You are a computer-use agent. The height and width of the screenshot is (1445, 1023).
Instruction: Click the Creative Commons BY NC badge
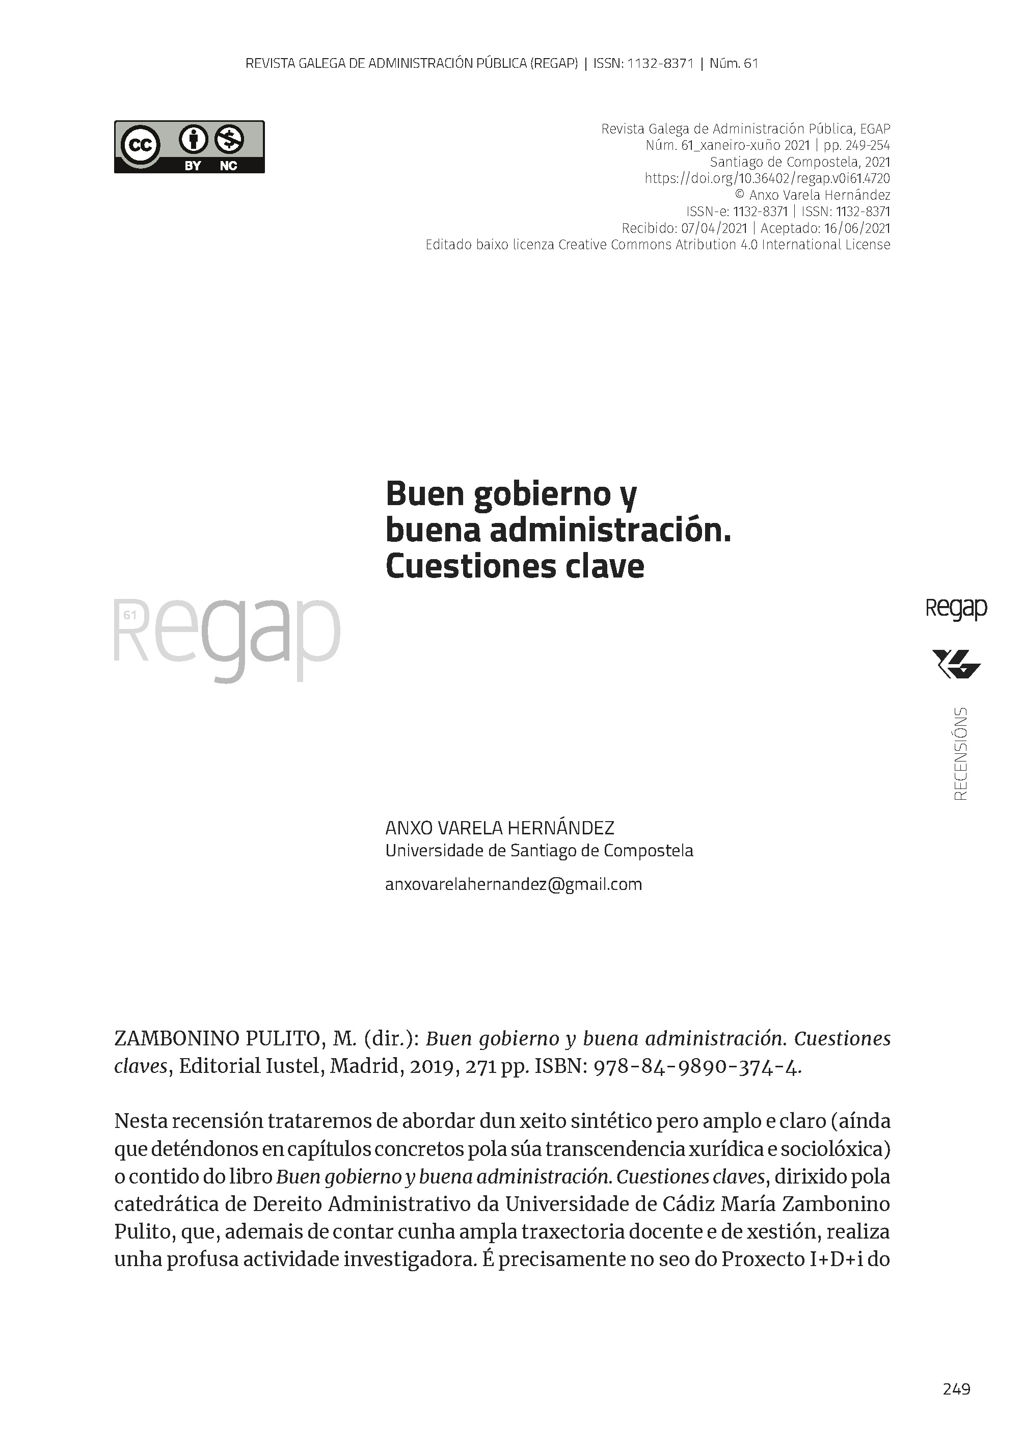click(x=189, y=147)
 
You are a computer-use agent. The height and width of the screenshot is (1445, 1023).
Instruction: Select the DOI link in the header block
click(x=767, y=178)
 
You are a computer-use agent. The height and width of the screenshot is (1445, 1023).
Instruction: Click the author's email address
click(x=514, y=884)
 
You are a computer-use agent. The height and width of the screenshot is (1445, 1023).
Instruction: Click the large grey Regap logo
click(x=227, y=637)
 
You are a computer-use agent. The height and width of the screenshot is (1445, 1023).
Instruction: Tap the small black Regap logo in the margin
click(x=956, y=609)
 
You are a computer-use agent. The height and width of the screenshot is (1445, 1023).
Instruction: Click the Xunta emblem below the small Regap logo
click(x=956, y=665)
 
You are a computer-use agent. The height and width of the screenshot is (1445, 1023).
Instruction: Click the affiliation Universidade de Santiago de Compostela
click(x=539, y=851)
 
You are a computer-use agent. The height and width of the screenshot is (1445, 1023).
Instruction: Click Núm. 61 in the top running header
click(x=733, y=63)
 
